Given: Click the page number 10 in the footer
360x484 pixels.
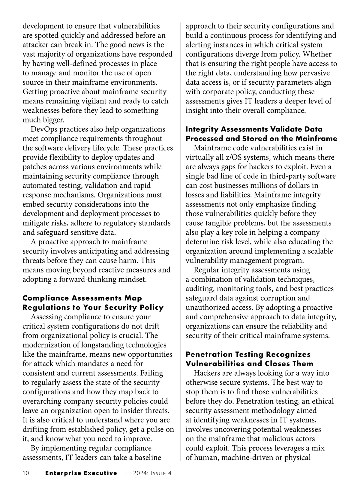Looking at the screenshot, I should pos(26,473).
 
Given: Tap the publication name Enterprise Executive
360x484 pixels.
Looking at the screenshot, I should pos(81,473).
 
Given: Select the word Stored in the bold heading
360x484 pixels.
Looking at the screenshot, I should pos(252,139).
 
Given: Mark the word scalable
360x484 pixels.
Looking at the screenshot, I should pos(318,251).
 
